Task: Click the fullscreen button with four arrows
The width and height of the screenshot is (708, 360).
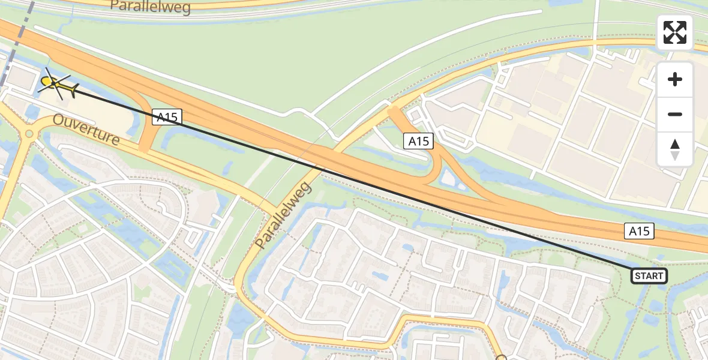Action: [x=675, y=32]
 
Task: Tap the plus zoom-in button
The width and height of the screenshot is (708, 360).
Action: [x=675, y=79]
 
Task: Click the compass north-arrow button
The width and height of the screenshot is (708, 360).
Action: [x=675, y=149]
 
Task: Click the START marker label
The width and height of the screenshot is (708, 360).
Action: [x=649, y=276]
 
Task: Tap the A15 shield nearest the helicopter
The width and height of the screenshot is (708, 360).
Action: [x=166, y=116]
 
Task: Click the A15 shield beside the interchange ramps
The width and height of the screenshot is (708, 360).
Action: [x=418, y=141]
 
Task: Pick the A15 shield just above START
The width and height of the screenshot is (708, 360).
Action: [x=638, y=231]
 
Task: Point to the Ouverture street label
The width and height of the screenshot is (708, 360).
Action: [x=85, y=129]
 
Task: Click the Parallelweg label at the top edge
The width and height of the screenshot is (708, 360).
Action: [x=150, y=7]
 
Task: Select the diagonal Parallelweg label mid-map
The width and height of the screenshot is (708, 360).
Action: [x=285, y=215]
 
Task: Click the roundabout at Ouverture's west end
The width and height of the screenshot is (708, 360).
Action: [x=28, y=134]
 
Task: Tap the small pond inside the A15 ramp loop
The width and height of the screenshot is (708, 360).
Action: [x=448, y=176]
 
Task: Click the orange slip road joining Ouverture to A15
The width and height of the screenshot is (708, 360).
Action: [x=146, y=136]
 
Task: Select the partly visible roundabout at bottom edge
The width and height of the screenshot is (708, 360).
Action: [x=502, y=358]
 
